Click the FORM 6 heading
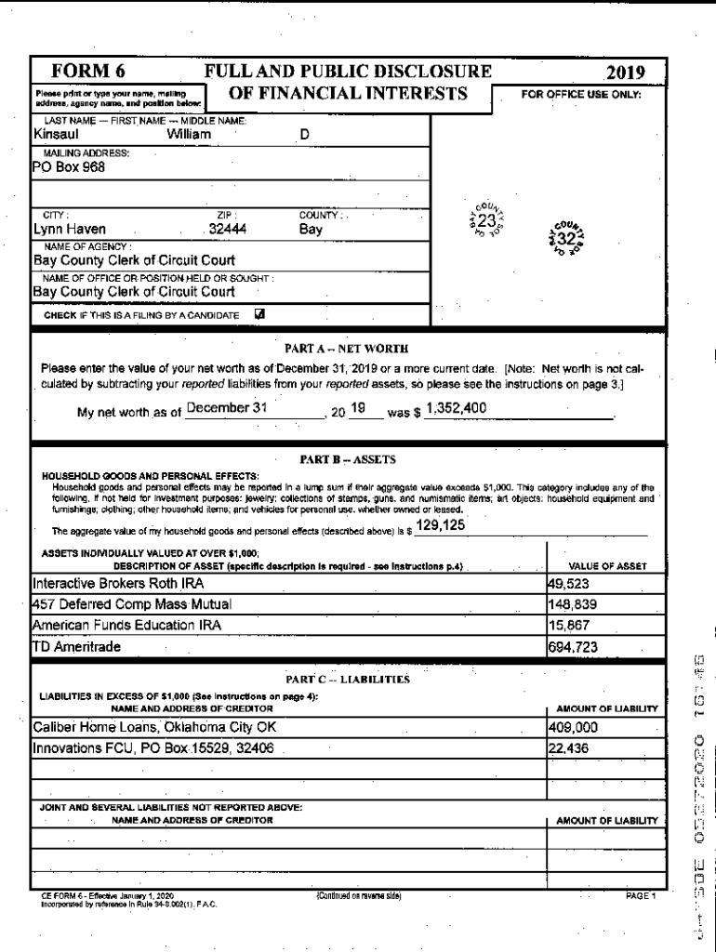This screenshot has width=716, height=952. click(88, 73)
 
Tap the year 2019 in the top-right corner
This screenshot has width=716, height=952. click(625, 73)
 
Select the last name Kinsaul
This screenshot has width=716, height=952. click(56, 134)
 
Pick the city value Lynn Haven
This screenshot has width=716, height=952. click(70, 230)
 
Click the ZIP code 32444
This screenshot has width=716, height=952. click(228, 230)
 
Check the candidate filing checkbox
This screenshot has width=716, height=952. click(259, 313)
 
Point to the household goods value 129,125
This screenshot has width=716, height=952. click(442, 526)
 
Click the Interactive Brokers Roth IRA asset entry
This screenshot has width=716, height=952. click(118, 584)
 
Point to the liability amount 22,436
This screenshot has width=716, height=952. click(569, 747)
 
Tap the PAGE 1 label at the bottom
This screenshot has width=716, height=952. click(640, 895)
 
